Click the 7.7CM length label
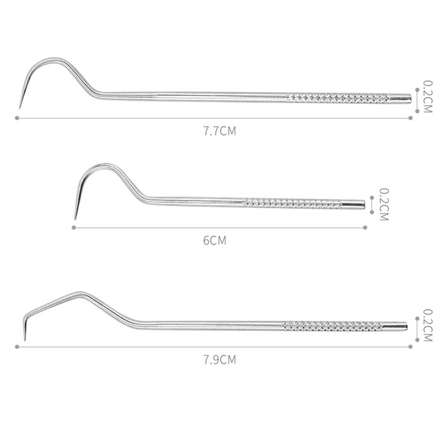point(219,131)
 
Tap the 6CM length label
point(214,241)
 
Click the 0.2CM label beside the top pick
point(427,97)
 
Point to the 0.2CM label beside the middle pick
point(384,204)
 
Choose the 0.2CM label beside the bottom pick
point(427,325)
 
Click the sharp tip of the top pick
point(20,107)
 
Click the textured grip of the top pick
point(338,98)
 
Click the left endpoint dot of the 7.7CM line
point(17,118)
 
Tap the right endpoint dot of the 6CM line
point(365,227)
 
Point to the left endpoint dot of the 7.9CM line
point(17,347)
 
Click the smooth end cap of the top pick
point(400,98)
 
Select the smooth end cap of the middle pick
point(353,204)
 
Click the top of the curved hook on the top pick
point(53,59)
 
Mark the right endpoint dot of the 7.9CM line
point(410,347)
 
